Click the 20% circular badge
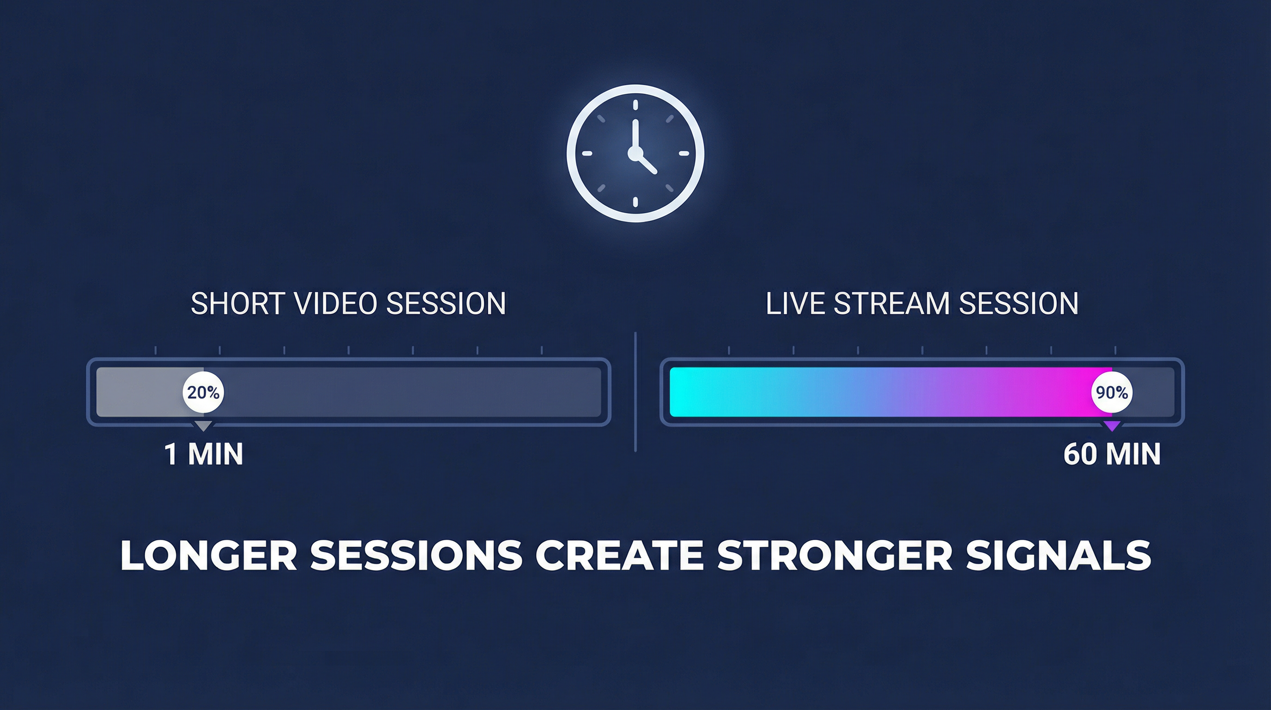click(x=203, y=392)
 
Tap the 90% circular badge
click(x=1112, y=392)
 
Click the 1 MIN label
click(x=204, y=454)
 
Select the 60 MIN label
click(x=1112, y=454)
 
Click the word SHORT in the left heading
click(x=238, y=303)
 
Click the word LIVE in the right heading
click(x=795, y=303)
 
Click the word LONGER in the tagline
click(x=209, y=556)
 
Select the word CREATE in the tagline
click(x=619, y=556)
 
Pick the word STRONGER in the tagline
click(x=835, y=556)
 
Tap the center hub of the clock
click(x=635, y=153)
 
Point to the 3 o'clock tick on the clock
click(x=684, y=153)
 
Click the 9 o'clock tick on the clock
click(x=587, y=153)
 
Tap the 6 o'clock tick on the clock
click(x=635, y=202)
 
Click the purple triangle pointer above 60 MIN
click(x=1112, y=426)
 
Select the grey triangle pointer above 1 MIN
click(x=203, y=426)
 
